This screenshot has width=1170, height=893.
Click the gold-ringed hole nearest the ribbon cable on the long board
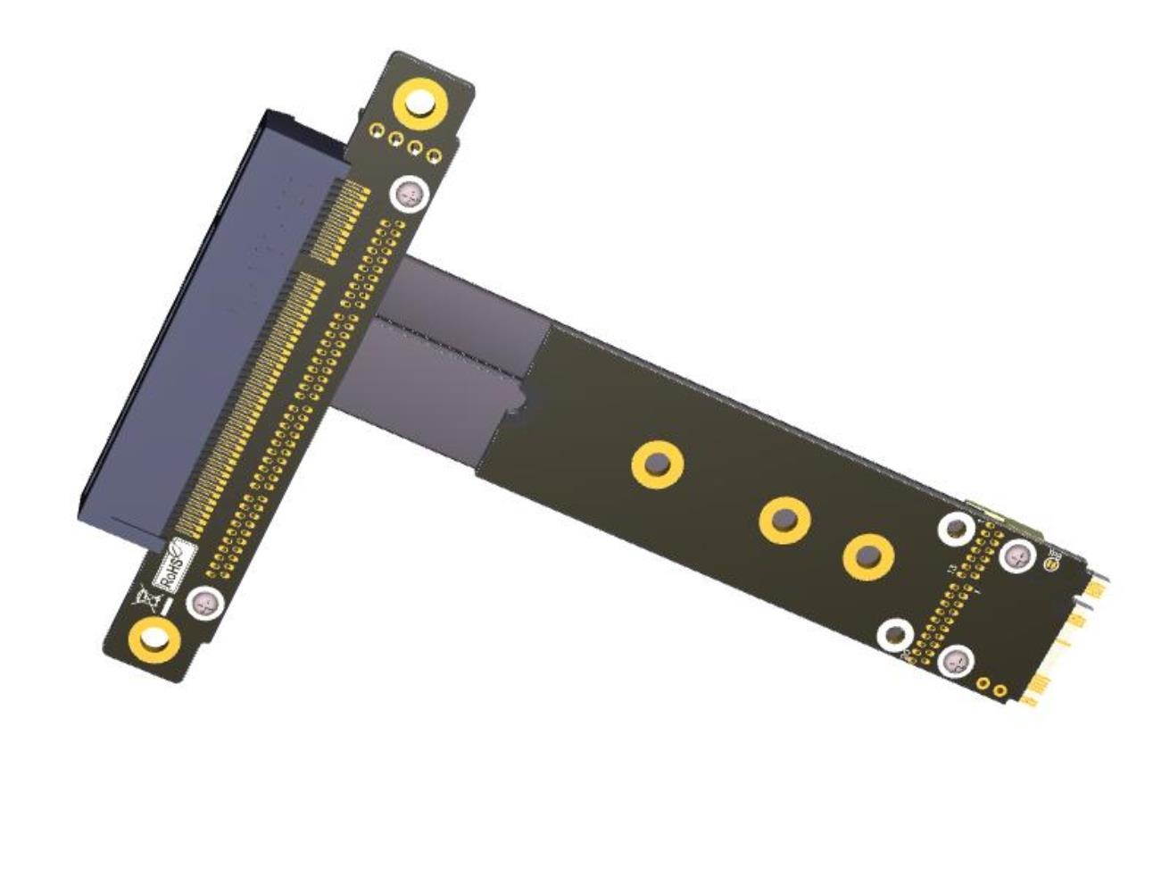(x=658, y=464)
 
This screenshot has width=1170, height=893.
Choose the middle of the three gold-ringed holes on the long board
(x=784, y=519)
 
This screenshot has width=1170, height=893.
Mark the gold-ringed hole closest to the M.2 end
(x=868, y=556)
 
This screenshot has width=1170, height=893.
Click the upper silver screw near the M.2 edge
(x=1016, y=556)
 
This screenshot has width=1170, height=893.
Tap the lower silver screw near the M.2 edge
(x=956, y=662)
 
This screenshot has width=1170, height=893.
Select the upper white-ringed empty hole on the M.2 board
(x=956, y=529)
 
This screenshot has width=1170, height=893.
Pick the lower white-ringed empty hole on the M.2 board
(x=894, y=635)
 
